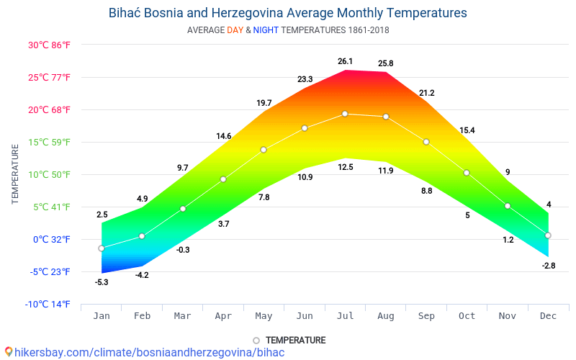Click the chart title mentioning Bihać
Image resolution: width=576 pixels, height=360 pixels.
point(287,13)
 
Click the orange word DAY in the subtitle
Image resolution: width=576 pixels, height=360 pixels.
point(235,30)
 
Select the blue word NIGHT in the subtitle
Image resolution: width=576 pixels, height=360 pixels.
point(266,30)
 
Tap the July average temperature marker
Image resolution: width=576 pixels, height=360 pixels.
point(345,114)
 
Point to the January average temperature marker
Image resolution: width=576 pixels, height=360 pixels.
point(102,248)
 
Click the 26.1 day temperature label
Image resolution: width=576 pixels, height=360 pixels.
point(345,61)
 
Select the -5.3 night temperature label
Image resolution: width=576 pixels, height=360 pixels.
point(102,282)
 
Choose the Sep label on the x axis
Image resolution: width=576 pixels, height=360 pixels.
point(426,316)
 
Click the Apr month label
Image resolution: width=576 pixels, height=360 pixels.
point(223,316)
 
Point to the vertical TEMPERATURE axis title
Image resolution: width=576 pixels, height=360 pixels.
point(15,174)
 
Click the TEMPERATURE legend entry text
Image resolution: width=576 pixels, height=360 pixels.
point(295,340)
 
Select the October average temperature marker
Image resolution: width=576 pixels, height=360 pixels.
point(467,173)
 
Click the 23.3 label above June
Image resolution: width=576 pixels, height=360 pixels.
point(305,79)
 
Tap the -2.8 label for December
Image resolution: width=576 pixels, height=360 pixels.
point(549,266)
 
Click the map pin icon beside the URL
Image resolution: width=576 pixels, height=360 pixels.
point(8,352)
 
